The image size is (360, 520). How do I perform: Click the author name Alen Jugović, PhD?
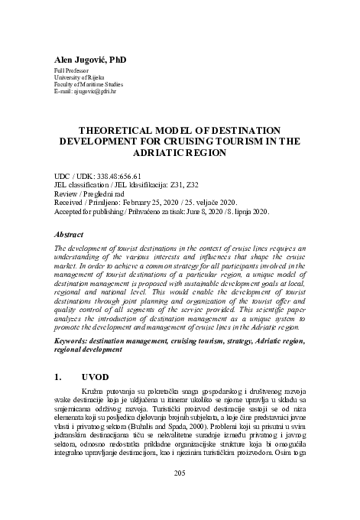point(89,58)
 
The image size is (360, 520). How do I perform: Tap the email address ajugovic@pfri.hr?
point(97,99)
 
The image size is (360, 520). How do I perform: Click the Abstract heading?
point(70,236)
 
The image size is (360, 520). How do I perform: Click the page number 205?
point(180,495)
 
